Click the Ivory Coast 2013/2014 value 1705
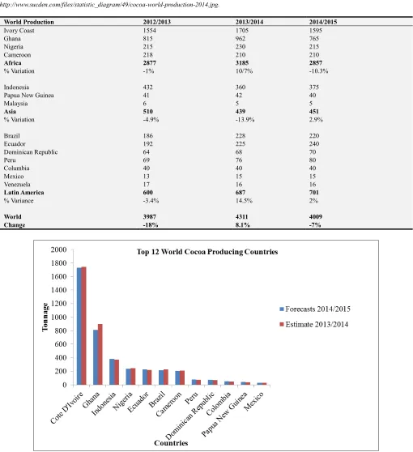[x=242, y=31]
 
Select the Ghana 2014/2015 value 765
[x=314, y=39]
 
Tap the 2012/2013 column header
[x=157, y=22]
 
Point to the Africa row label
[x=12, y=63]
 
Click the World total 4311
[x=241, y=217]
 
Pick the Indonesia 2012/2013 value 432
[x=148, y=87]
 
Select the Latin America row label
[x=24, y=193]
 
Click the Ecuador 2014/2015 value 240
[x=314, y=144]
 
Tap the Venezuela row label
[x=17, y=185]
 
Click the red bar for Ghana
[x=100, y=354]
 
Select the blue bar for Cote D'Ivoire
[x=79, y=326]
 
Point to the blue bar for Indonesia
[x=112, y=372]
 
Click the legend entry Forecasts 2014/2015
[x=315, y=309]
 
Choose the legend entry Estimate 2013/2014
[x=314, y=324]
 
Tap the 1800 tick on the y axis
[x=59, y=263]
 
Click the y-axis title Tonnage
[x=45, y=317]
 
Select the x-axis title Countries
[x=171, y=443]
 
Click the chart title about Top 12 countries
[x=207, y=252]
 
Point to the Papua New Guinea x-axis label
[x=225, y=414]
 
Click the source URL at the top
[x=109, y=5]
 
